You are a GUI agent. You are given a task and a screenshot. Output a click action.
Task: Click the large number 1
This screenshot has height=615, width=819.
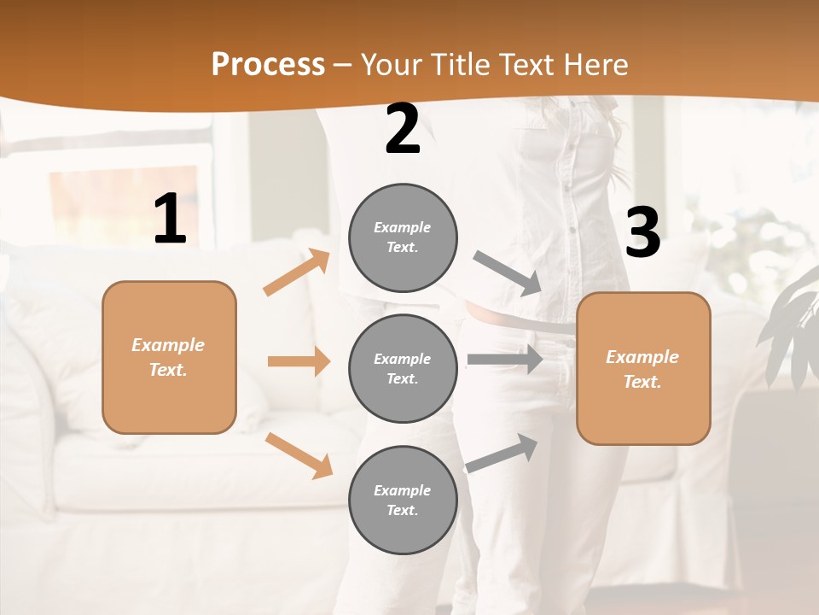[170, 220]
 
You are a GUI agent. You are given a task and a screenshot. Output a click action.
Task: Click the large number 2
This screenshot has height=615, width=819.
[403, 129]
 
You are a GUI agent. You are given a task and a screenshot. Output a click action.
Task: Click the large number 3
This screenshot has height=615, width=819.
[642, 233]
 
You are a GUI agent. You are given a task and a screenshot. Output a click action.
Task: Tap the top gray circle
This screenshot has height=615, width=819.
[403, 237]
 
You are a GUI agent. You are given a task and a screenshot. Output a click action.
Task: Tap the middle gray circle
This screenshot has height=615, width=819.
[403, 369]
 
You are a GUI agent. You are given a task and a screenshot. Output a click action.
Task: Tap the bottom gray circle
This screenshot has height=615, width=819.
[403, 501]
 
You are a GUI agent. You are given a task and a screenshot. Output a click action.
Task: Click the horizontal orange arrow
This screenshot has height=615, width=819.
[299, 361]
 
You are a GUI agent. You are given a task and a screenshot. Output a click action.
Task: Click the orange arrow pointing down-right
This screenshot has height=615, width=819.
[299, 455]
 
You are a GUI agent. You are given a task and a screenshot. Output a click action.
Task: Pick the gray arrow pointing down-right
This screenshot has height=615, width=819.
[508, 273]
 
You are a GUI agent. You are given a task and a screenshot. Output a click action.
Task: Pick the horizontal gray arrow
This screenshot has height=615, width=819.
[505, 359]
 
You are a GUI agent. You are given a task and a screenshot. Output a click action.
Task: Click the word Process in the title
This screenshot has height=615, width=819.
[268, 64]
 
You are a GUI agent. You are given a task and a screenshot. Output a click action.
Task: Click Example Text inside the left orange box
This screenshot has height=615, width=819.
[168, 357]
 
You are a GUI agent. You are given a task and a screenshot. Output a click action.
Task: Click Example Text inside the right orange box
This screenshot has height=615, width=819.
[642, 369]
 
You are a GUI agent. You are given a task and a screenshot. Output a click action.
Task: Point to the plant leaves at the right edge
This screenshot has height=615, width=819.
[793, 333]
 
